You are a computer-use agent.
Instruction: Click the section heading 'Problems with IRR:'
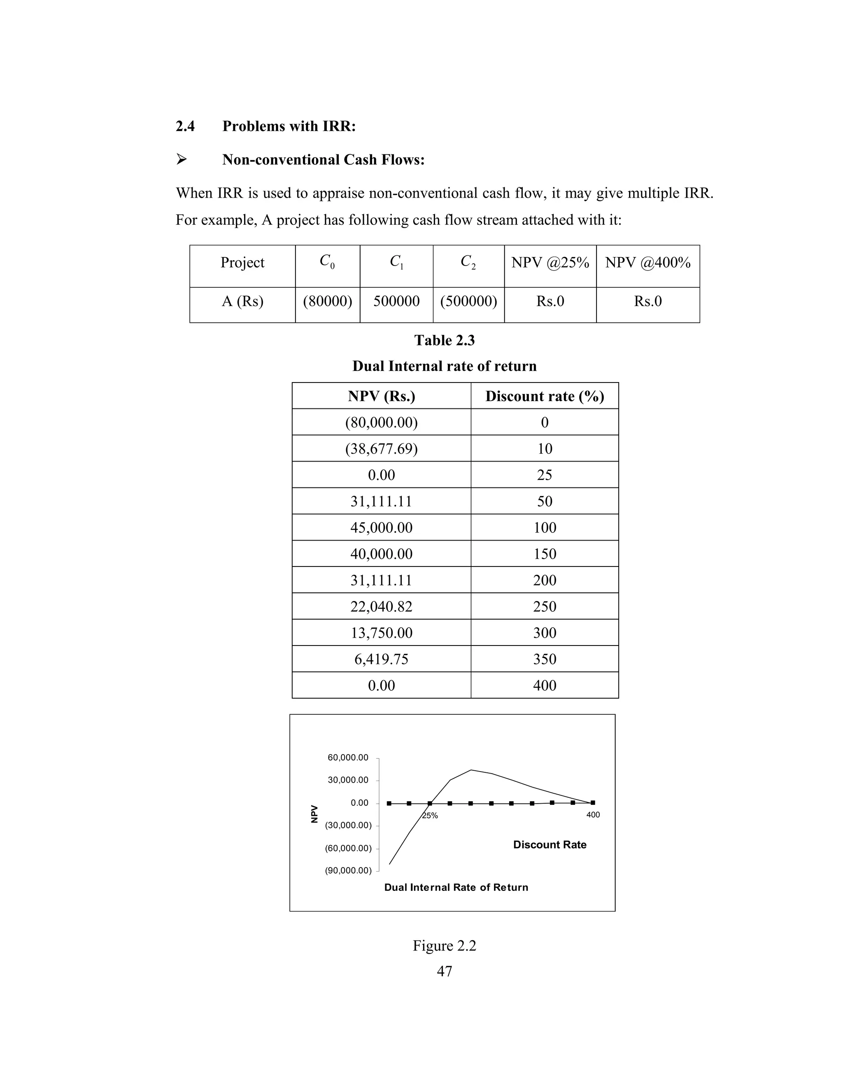(x=289, y=126)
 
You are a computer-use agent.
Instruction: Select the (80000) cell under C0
(x=328, y=301)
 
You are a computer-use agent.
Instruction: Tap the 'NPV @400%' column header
(x=648, y=262)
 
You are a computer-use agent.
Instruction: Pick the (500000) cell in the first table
(x=468, y=301)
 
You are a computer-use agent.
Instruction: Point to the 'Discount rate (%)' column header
(x=544, y=396)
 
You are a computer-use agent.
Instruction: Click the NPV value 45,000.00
(x=381, y=527)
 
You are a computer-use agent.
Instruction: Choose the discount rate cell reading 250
(x=544, y=606)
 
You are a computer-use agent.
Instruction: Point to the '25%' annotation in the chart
(x=430, y=816)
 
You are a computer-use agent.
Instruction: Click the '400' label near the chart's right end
(x=593, y=815)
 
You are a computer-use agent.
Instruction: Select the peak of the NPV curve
(x=471, y=770)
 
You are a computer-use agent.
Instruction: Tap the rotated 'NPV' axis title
(x=314, y=814)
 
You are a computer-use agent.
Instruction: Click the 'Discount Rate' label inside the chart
(x=550, y=845)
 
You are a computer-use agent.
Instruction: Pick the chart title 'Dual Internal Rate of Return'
(x=456, y=887)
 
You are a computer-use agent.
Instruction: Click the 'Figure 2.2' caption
(x=444, y=946)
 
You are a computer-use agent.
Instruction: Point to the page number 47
(x=444, y=971)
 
